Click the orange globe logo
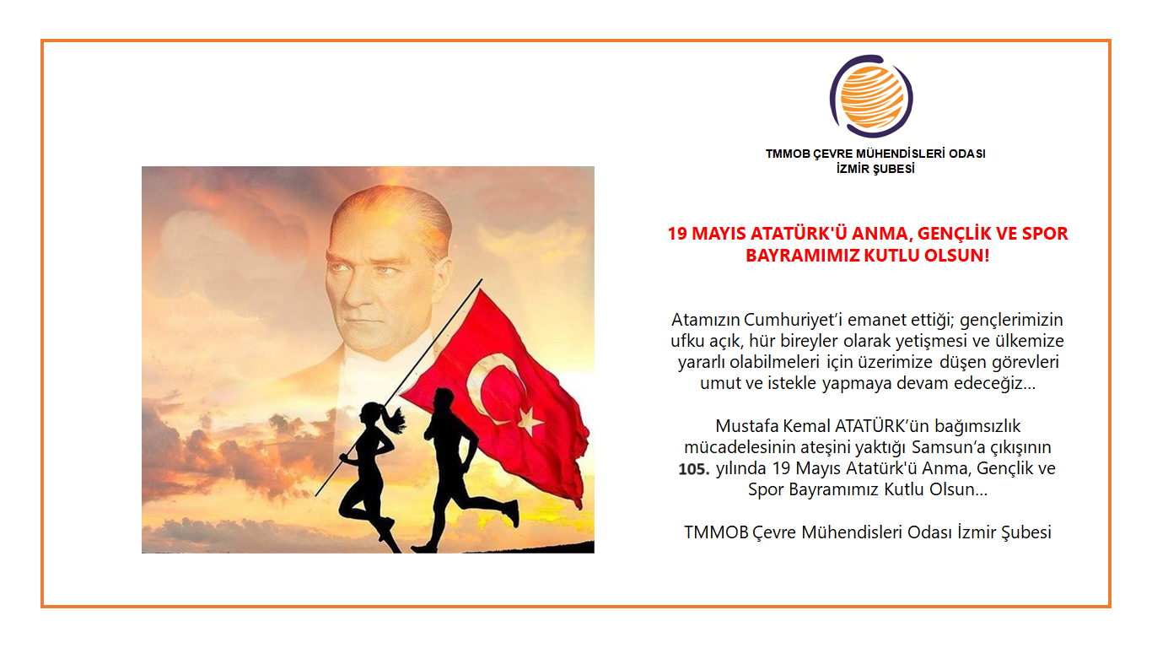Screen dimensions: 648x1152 pos(871,96)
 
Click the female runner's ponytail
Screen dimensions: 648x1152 pos(393,418)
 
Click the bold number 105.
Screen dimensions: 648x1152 pos(695,469)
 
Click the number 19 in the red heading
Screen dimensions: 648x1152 pos(677,234)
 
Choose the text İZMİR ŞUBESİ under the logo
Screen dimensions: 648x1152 pos(875,168)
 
